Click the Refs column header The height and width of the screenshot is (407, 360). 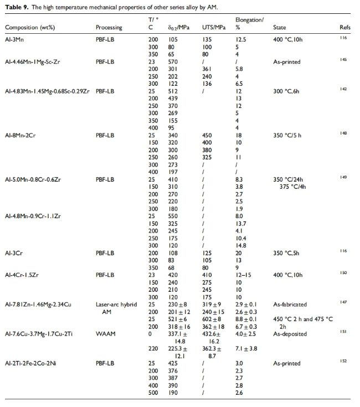(x=344, y=27)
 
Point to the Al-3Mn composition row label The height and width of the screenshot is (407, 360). (x=16, y=39)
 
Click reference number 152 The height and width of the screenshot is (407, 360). (x=343, y=361)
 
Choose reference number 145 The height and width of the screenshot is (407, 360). (x=343, y=60)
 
